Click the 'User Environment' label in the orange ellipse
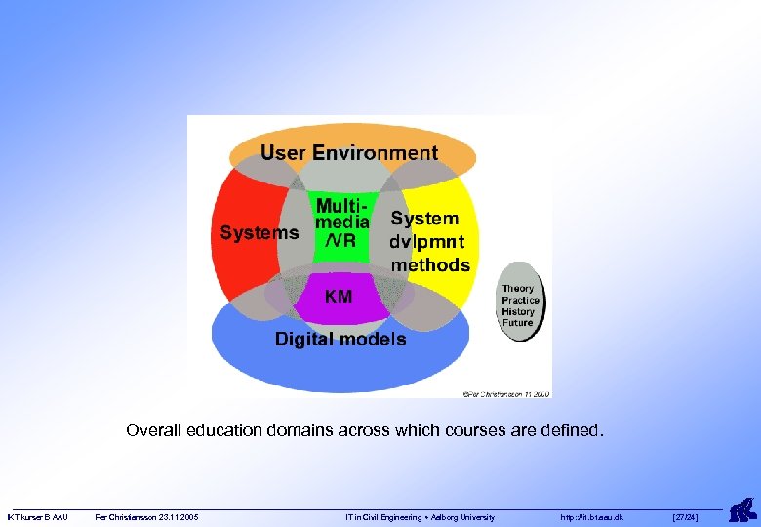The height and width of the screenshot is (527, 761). point(348,153)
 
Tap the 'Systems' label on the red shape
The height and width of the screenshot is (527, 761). point(259,233)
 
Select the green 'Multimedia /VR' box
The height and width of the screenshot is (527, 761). point(340,227)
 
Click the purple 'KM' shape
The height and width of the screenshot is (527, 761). point(339,296)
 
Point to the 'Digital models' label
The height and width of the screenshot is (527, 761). point(340,340)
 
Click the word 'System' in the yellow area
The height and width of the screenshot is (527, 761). point(424,220)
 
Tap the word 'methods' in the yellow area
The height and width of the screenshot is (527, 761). point(430,264)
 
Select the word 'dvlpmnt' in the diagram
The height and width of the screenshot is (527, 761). point(427,242)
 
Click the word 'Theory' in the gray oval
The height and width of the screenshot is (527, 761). point(518,289)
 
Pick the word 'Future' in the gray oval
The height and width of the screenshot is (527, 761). point(518,323)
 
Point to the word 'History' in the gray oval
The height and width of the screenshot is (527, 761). point(518,312)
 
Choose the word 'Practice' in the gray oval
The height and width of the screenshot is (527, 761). point(520,301)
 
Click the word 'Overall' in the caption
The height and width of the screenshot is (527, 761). point(152,429)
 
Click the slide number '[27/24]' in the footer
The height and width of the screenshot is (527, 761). point(686,517)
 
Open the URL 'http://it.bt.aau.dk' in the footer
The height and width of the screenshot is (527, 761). point(592,517)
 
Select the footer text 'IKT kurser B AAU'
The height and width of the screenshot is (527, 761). point(37,517)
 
